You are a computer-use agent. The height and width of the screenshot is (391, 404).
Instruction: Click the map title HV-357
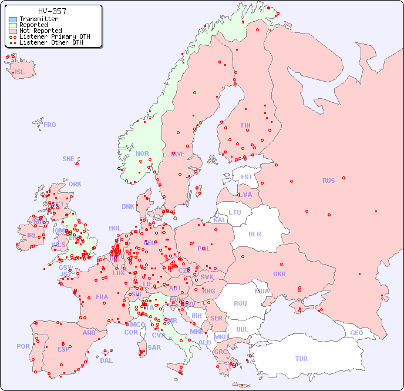(52, 11)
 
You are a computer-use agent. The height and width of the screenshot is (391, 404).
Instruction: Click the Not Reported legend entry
(40, 31)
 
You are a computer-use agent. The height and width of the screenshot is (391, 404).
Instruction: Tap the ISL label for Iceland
(20, 72)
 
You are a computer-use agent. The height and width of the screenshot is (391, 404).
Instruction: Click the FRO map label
(50, 125)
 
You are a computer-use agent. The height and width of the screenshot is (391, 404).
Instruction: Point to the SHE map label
(69, 159)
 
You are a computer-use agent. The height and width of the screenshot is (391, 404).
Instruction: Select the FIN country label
(245, 125)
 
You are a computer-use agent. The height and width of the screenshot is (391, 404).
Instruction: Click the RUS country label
(328, 181)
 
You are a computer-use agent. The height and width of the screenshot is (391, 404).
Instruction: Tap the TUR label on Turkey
(301, 359)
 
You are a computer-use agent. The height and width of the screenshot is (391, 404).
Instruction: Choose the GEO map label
(356, 333)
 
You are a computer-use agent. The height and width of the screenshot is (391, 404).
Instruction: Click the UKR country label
(280, 274)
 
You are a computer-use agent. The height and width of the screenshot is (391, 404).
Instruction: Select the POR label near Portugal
(23, 346)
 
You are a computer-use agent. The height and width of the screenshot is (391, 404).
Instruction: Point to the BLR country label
(255, 233)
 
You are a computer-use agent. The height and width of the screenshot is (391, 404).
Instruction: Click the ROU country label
(240, 303)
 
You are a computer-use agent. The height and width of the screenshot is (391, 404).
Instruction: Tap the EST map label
(247, 177)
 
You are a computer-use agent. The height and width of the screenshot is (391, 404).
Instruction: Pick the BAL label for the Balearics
(106, 360)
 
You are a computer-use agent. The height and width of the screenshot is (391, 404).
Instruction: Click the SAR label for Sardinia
(154, 347)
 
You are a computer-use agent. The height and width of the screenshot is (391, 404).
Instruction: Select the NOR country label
(142, 153)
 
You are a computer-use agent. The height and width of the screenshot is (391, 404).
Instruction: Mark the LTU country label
(235, 212)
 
